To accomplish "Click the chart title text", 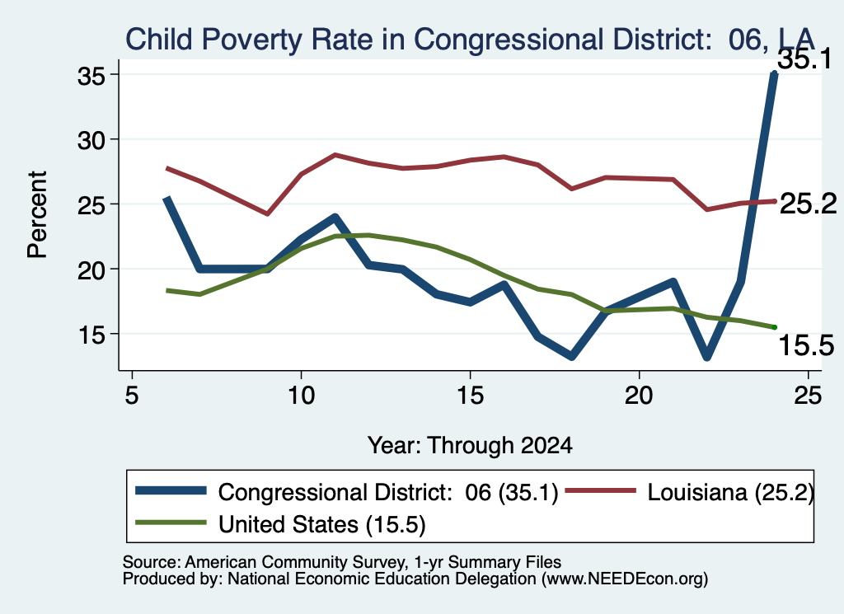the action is tap(470, 40).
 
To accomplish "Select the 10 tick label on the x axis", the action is tap(301, 396).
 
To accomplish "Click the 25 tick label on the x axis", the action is tap(808, 396).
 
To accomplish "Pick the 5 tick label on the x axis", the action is tap(132, 396).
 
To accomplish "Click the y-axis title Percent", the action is tap(37, 215).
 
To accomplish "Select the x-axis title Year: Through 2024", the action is tap(470, 446).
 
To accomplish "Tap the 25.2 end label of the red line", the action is tap(808, 204).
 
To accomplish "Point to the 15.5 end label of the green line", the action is tap(806, 345).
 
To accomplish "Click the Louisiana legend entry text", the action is tap(730, 492).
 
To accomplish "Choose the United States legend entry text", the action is tap(322, 525).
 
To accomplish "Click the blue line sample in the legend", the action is tap(171, 490).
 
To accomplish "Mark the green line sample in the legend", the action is tap(171, 523).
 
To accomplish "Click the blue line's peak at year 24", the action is tap(774, 73).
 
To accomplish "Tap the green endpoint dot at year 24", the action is tap(775, 327).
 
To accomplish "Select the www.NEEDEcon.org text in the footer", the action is tap(625, 579).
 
